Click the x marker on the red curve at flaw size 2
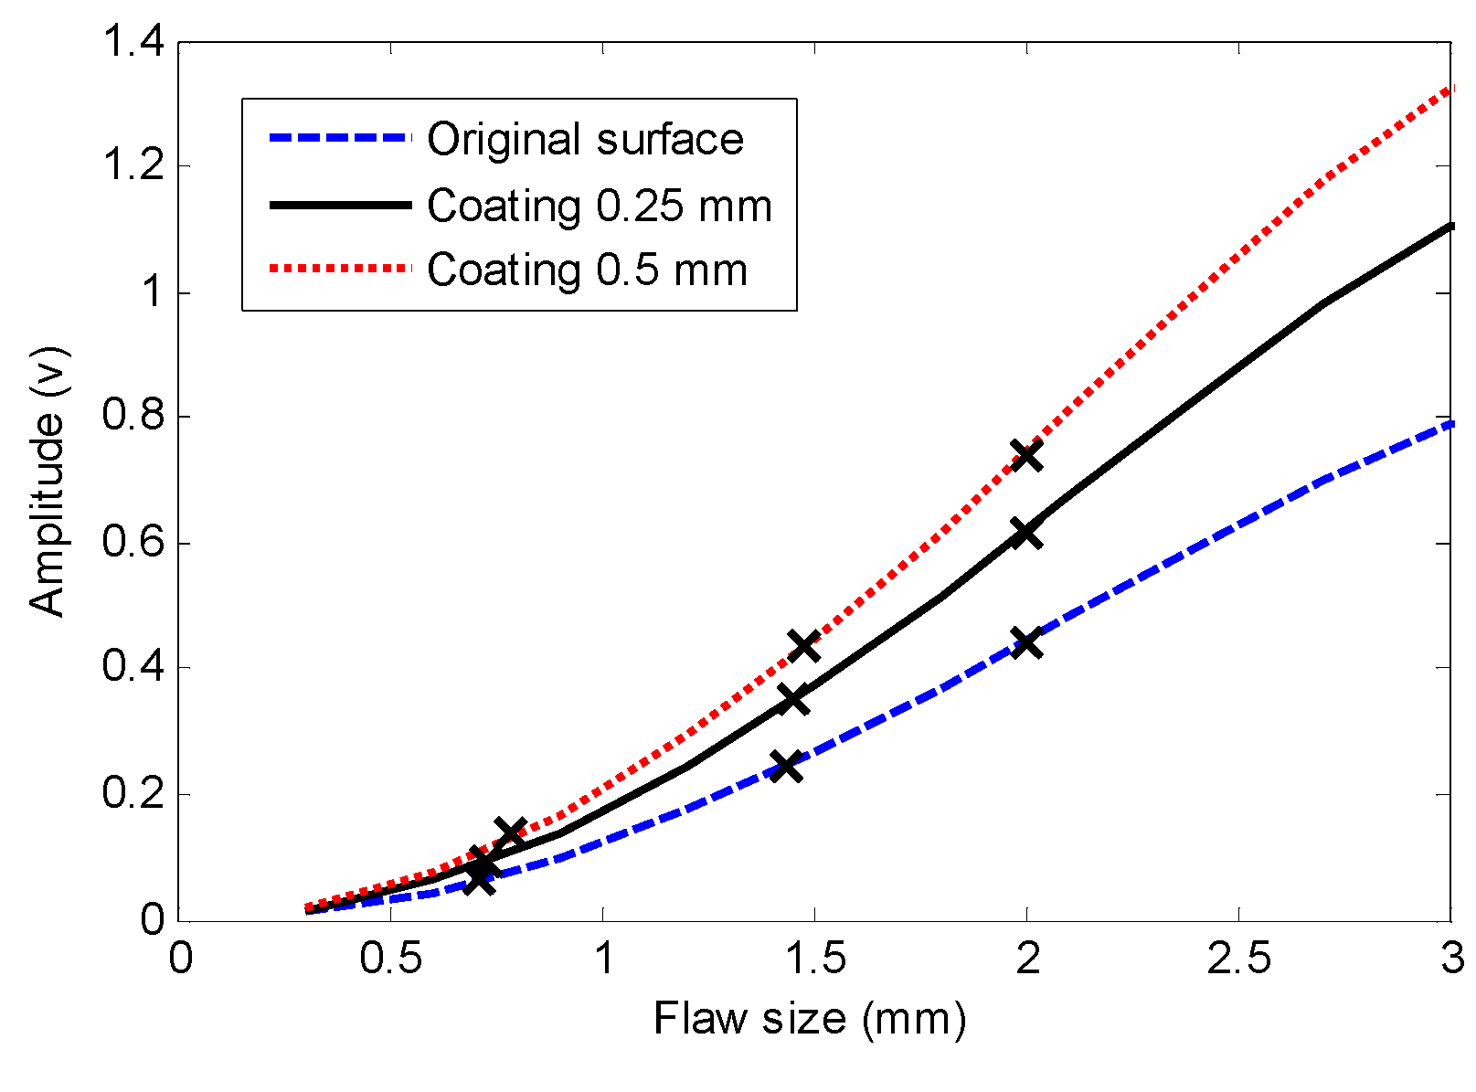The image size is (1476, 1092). [x=1026, y=455]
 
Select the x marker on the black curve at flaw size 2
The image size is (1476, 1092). [x=1026, y=534]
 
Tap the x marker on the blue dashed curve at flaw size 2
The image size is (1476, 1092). [x=1026, y=642]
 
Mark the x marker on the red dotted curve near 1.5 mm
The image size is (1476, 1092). [x=803, y=646]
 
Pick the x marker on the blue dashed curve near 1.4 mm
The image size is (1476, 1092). [x=786, y=766]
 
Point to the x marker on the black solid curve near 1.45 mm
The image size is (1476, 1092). [x=793, y=700]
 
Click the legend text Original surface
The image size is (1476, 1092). [x=585, y=140]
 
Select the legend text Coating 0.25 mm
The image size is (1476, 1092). [x=600, y=207]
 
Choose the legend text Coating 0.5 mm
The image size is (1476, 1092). [x=587, y=270]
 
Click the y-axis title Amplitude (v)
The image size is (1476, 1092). [x=48, y=481]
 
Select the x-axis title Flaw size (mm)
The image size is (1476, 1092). [x=809, y=1018]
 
